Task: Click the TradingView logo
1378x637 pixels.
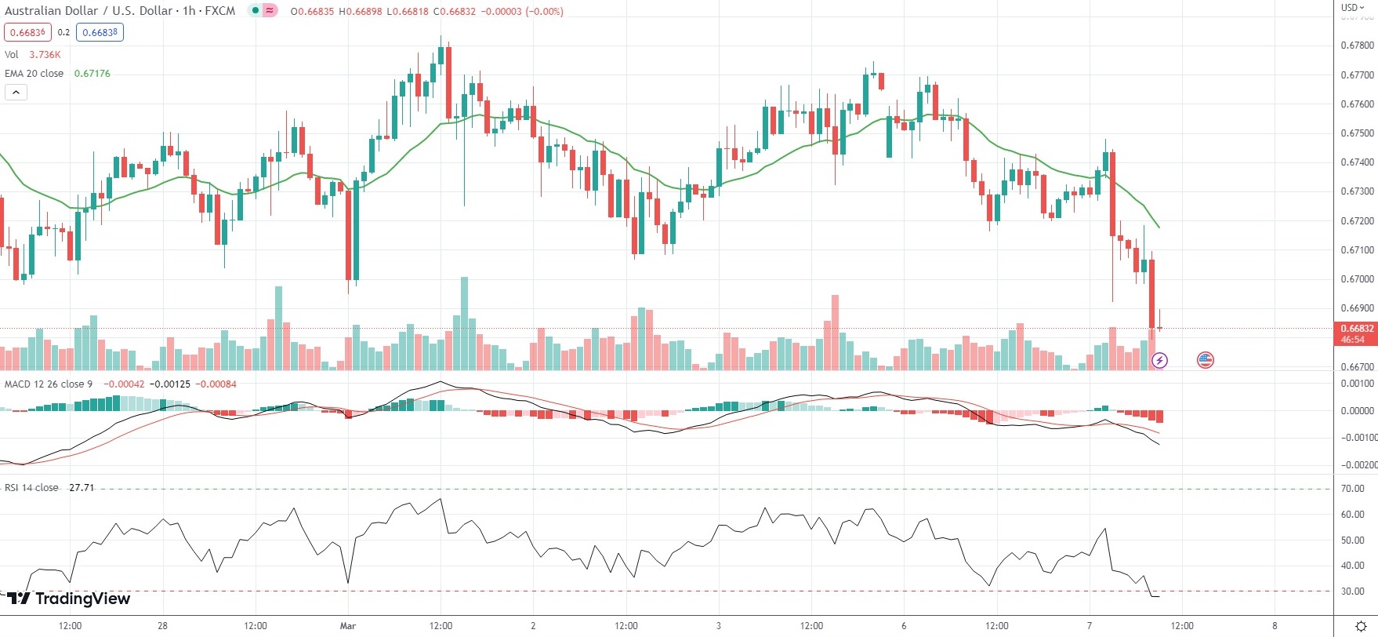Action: [69, 599]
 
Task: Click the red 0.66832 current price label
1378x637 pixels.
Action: [1356, 329]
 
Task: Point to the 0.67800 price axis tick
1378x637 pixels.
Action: [1357, 45]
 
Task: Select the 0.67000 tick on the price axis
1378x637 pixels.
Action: [1357, 279]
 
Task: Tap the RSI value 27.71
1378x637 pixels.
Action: [82, 488]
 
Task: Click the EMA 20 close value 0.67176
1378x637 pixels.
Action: [92, 74]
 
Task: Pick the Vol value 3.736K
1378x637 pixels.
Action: [45, 55]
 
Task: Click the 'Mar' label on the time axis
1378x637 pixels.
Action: [348, 626]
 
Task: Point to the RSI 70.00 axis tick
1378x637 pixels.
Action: [1352, 489]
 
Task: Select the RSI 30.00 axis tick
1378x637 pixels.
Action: [1352, 591]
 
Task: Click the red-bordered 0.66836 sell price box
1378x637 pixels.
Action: [27, 33]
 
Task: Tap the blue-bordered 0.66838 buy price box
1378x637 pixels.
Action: [100, 33]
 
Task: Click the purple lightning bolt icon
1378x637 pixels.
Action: [1159, 361]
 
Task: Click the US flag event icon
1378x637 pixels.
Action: [1206, 360]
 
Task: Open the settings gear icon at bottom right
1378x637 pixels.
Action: [1361, 626]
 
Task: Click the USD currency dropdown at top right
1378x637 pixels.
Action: [1352, 8]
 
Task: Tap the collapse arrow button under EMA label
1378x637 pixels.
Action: [16, 93]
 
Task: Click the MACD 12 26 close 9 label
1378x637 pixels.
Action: [49, 384]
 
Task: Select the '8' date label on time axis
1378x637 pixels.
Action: [1275, 626]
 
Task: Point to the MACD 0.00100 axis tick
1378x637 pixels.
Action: [1357, 384]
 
